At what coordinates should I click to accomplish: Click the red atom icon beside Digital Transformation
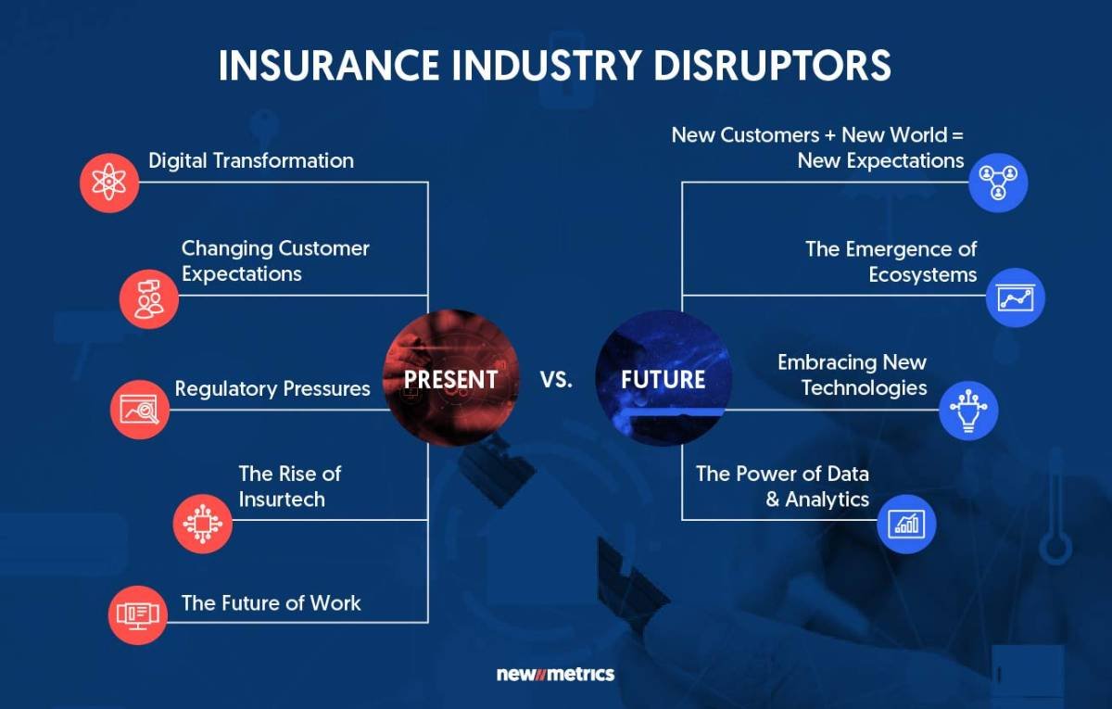click(109, 183)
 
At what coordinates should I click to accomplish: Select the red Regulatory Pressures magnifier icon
click(140, 409)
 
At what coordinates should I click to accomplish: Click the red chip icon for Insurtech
click(202, 524)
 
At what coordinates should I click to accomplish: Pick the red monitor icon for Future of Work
click(137, 614)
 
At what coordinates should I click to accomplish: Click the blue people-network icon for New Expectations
click(998, 183)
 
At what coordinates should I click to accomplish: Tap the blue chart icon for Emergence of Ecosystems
click(1016, 298)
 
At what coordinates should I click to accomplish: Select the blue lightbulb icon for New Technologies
click(968, 410)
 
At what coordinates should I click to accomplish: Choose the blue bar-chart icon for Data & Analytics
click(906, 524)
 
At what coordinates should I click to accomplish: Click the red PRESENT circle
click(451, 379)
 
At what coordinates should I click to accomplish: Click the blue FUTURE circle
click(663, 379)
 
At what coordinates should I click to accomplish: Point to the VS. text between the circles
click(556, 380)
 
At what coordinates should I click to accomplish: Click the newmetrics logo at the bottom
click(555, 674)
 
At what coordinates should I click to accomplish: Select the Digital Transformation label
click(251, 160)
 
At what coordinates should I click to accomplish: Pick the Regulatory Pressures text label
click(272, 388)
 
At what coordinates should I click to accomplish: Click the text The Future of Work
click(272, 602)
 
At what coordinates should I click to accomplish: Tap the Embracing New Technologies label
click(853, 374)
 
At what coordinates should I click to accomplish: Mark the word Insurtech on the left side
click(282, 499)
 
